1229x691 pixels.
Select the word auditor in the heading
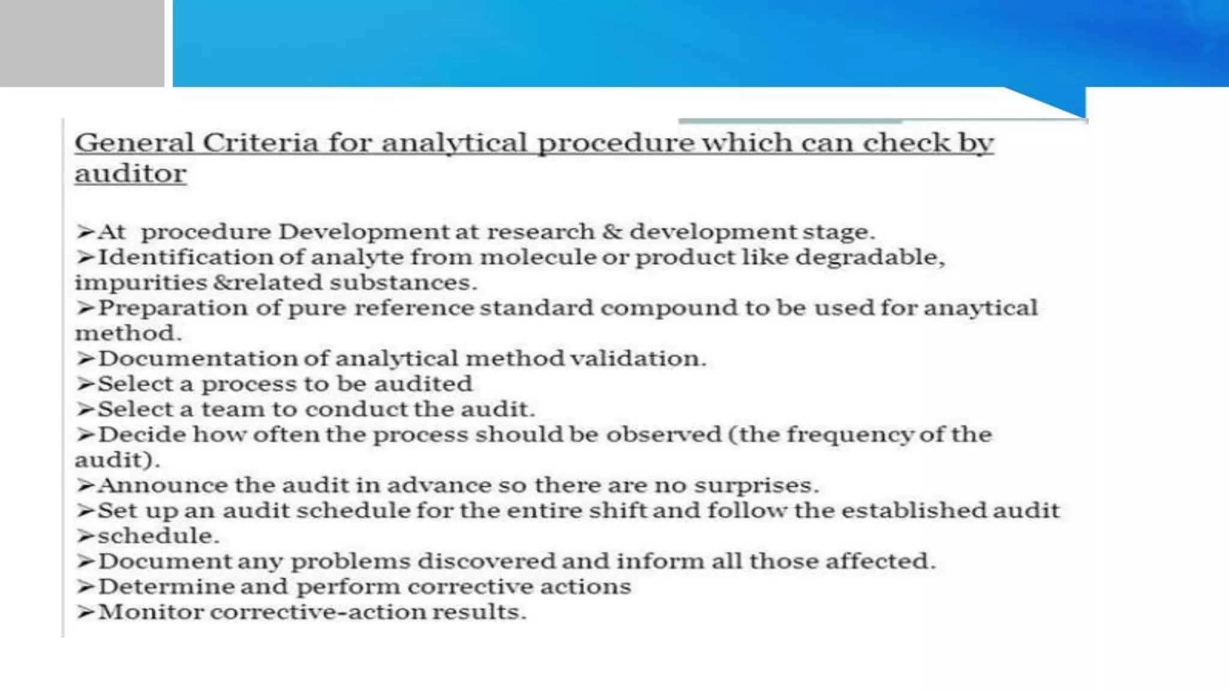tap(130, 174)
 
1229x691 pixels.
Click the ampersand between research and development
tap(611, 232)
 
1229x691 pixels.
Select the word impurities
tap(140, 283)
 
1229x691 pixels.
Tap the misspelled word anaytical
tap(980, 308)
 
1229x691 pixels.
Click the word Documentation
tap(197, 359)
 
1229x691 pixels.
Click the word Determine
tap(166, 587)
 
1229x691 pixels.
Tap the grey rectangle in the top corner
tap(82, 43)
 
